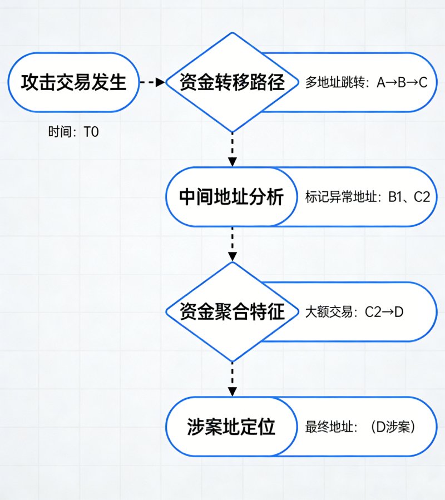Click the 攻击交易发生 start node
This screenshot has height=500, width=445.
(x=73, y=82)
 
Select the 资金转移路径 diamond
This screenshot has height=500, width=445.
(x=232, y=82)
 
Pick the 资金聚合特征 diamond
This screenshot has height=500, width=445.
(x=232, y=311)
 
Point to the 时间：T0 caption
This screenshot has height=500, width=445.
(x=73, y=132)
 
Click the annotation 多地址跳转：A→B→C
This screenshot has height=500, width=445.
(x=366, y=83)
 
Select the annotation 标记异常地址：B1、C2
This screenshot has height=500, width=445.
(x=367, y=197)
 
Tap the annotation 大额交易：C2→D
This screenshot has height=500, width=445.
(x=354, y=312)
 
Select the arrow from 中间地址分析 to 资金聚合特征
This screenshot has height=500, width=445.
(x=233, y=244)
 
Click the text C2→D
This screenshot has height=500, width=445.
(x=384, y=312)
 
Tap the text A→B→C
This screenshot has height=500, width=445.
(x=402, y=83)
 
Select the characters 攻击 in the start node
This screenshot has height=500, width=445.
(x=34, y=82)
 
